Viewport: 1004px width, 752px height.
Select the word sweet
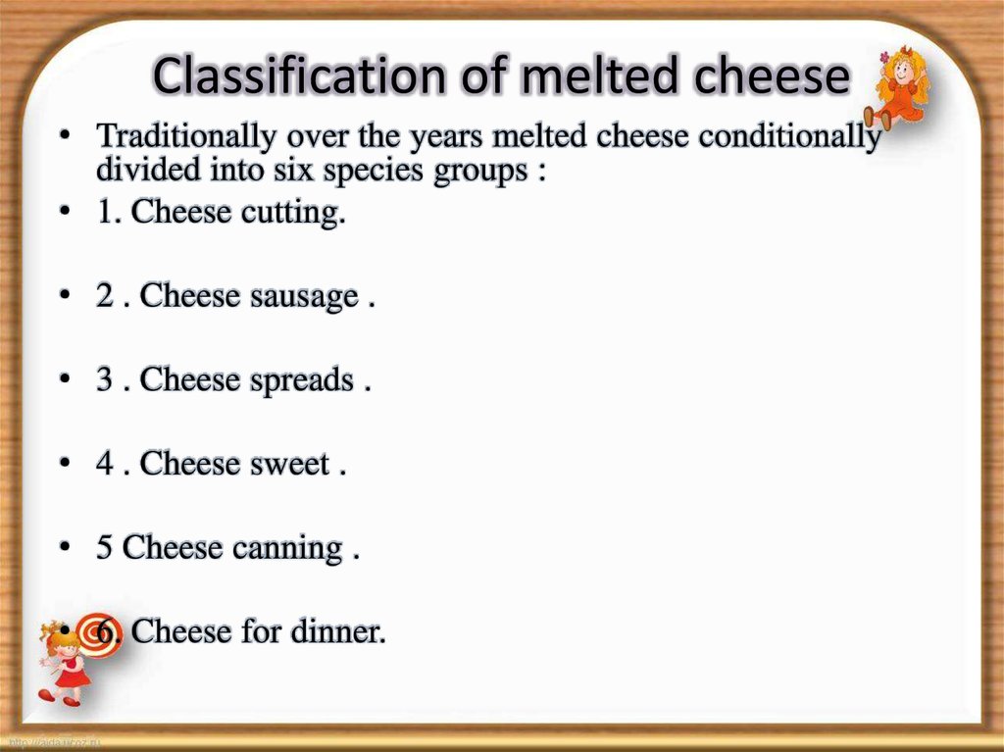[288, 465]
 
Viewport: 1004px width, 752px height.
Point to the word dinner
[338, 632]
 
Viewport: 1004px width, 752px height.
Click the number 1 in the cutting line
[105, 214]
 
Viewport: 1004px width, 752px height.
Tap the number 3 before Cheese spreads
[105, 381]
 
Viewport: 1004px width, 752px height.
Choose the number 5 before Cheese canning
[105, 548]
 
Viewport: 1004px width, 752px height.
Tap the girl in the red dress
[65, 663]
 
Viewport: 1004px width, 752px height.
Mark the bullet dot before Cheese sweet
[65, 465]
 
